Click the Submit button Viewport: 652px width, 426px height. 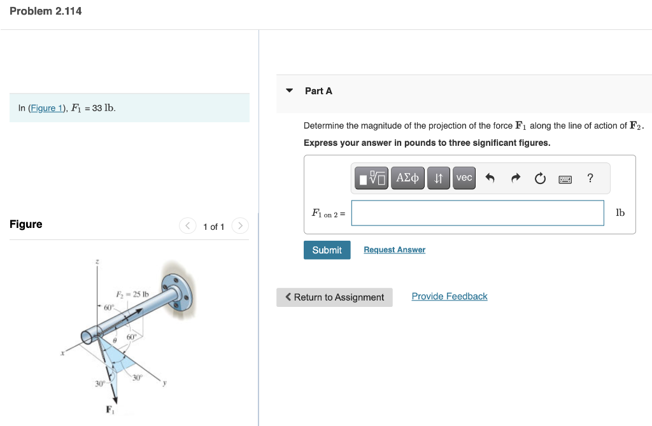coord(327,250)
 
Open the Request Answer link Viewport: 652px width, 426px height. coord(394,250)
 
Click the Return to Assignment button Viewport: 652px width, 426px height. coord(334,297)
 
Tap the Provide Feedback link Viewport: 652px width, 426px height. coord(449,297)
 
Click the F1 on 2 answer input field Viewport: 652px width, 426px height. coord(477,213)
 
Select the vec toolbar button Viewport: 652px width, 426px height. coord(464,178)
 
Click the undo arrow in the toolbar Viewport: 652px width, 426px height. coord(490,179)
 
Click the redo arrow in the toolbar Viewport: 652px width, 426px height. coord(514,179)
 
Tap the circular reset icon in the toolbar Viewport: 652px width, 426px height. coord(540,179)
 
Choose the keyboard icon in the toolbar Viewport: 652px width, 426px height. coord(565,179)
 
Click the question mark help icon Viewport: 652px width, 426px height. coord(590,178)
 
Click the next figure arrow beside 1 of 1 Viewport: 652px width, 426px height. coord(239,226)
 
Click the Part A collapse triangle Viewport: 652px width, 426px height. coord(290,91)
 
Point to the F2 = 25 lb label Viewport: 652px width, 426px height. coord(132,294)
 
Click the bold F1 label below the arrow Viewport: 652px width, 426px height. coord(110,408)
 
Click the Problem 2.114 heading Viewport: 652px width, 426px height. coord(46,11)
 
